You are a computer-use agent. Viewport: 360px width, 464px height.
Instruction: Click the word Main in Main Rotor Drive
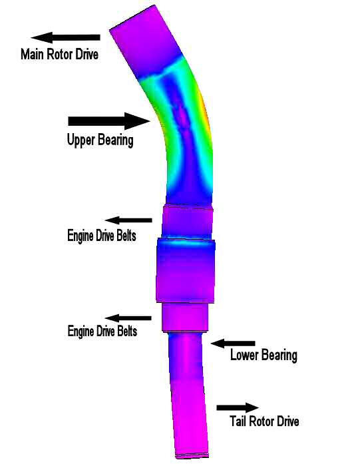point(32,54)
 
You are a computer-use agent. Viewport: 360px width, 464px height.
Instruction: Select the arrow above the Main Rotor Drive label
point(65,37)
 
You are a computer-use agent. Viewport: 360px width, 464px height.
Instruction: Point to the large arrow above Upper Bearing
point(109,120)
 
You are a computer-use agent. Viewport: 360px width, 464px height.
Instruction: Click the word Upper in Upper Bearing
point(81,140)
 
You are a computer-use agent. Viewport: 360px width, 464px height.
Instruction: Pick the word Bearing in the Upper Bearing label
point(116,140)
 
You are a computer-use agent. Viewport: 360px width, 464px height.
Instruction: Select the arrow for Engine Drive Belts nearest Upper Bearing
point(128,220)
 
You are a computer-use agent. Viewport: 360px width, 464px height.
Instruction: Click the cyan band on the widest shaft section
point(186,242)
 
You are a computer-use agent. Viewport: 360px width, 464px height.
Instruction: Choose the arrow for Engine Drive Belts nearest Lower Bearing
point(128,318)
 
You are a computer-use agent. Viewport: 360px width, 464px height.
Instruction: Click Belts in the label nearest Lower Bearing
point(127,331)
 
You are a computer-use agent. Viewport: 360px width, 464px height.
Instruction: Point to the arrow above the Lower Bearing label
point(233,344)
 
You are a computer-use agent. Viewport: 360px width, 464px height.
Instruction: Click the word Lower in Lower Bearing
point(244,355)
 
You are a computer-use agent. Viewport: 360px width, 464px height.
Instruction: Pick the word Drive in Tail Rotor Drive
point(287,421)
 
